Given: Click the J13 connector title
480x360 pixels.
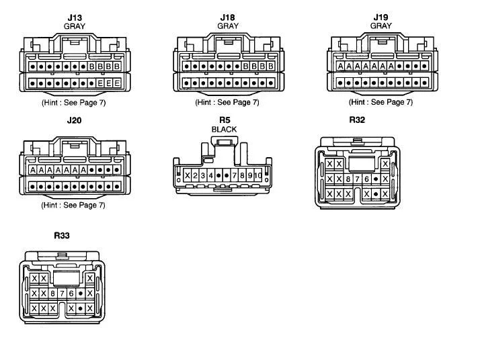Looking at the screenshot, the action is pos(75,17).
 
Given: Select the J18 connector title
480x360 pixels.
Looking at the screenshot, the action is pos(227,17).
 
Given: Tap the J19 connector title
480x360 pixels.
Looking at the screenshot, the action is pos(381,17).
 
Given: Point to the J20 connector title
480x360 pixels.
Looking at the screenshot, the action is pos(74,120).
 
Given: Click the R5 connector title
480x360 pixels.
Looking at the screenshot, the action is pos(225,120).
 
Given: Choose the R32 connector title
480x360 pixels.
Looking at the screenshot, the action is pos(357,120).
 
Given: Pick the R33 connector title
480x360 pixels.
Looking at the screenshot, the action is pos(62,236).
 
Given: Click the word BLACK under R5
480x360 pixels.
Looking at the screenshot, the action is pos(224,130).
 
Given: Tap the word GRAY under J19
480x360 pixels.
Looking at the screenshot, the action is pos(381,26).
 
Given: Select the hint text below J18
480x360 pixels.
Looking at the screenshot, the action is pos(227,102).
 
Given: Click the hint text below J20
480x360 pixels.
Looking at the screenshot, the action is pos(73,205).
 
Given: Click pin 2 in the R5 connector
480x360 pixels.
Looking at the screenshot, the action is pos(195,175).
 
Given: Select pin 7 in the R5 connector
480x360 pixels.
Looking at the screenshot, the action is pos(235,175).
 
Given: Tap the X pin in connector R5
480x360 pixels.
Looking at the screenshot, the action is pos(188,175).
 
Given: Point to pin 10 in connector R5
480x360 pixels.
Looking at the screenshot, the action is pos(258,175).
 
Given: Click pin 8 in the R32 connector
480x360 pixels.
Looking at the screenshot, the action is pos(348,179).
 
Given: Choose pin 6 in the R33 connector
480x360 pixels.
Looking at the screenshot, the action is pos(71,294).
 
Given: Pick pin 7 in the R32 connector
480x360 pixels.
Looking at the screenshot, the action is pos(357,179).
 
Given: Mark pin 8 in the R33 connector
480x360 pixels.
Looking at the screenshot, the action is pos(52,294).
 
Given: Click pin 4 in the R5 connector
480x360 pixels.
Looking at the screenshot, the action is pos(211,175).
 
